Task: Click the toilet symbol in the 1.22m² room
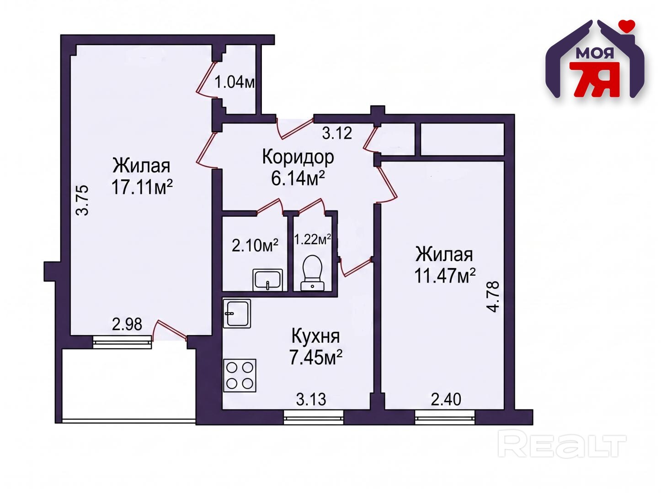[x=312, y=273]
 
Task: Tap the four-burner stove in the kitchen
[x=240, y=375]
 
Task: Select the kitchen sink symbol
[x=237, y=313]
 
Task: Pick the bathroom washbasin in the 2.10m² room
[x=268, y=280]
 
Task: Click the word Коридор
[x=298, y=157]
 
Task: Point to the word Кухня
[x=315, y=336]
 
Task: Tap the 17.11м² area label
[x=142, y=187]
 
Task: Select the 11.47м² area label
[x=445, y=276]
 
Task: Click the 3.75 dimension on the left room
[x=82, y=200]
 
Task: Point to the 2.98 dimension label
[x=127, y=325]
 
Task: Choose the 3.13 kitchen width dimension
[x=311, y=400]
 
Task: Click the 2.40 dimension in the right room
[x=446, y=400]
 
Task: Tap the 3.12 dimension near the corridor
[x=337, y=133]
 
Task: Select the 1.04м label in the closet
[x=235, y=82]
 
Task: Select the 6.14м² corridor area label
[x=298, y=179]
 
